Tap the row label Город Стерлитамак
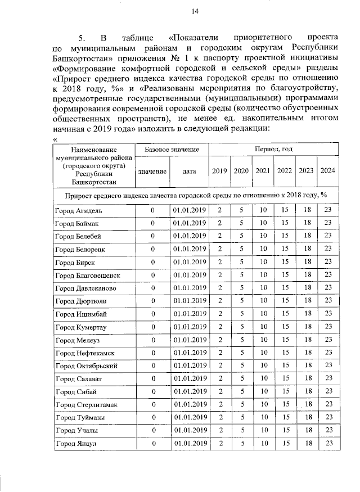click(82, 404)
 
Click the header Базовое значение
click(172, 150)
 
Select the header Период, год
click(273, 150)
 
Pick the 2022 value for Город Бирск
click(285, 262)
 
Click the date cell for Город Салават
click(189, 378)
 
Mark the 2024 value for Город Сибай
click(327, 391)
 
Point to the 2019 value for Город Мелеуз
click(220, 340)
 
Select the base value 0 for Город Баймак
click(152, 223)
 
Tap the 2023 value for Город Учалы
click(307, 430)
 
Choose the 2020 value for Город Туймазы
click(241, 417)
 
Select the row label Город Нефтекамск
click(81, 353)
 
